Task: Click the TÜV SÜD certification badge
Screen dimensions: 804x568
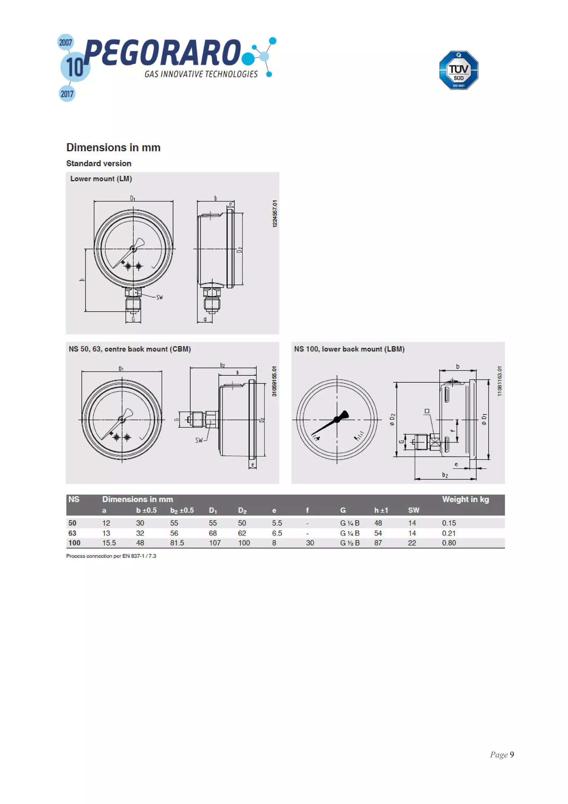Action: (x=458, y=70)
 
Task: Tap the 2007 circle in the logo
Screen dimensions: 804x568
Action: (x=65, y=42)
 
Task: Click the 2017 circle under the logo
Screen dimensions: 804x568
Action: (x=67, y=93)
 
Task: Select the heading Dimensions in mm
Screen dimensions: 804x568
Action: (x=113, y=147)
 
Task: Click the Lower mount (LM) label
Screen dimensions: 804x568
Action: (x=101, y=179)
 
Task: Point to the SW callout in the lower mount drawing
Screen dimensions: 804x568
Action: (x=159, y=297)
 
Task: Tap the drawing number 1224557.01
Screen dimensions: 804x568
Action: (x=275, y=214)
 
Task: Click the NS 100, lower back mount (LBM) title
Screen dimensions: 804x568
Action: (x=349, y=349)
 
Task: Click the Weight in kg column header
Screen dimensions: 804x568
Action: (x=465, y=499)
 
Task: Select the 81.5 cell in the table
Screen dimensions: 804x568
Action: (x=177, y=543)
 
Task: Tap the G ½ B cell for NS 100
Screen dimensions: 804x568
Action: (x=350, y=543)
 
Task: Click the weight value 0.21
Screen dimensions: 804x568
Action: (x=449, y=533)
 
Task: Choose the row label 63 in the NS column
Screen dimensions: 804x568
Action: (x=72, y=533)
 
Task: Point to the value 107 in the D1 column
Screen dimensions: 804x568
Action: (x=215, y=543)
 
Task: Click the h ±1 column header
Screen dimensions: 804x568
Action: (x=381, y=510)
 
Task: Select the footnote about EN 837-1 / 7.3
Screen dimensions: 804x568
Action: (x=111, y=556)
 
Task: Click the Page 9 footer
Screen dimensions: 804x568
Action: (x=501, y=755)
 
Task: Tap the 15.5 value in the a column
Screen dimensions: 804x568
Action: (x=109, y=543)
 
